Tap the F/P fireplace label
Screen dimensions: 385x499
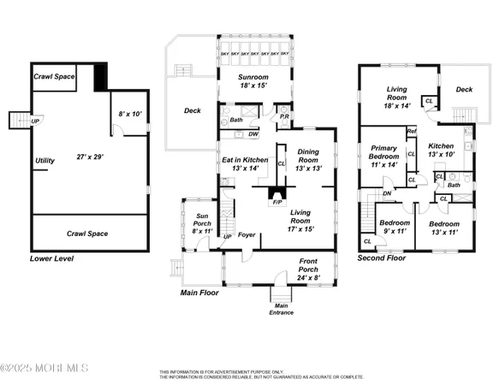(x=276, y=203)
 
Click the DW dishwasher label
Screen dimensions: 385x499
(x=253, y=134)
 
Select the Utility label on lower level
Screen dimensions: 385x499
(x=45, y=160)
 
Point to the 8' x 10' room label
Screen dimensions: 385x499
(x=130, y=113)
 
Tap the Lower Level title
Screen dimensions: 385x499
(x=52, y=258)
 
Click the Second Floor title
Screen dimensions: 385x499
(x=382, y=258)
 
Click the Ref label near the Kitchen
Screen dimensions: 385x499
(x=411, y=131)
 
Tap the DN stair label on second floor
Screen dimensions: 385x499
(x=387, y=192)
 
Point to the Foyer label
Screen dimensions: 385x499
(x=247, y=235)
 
